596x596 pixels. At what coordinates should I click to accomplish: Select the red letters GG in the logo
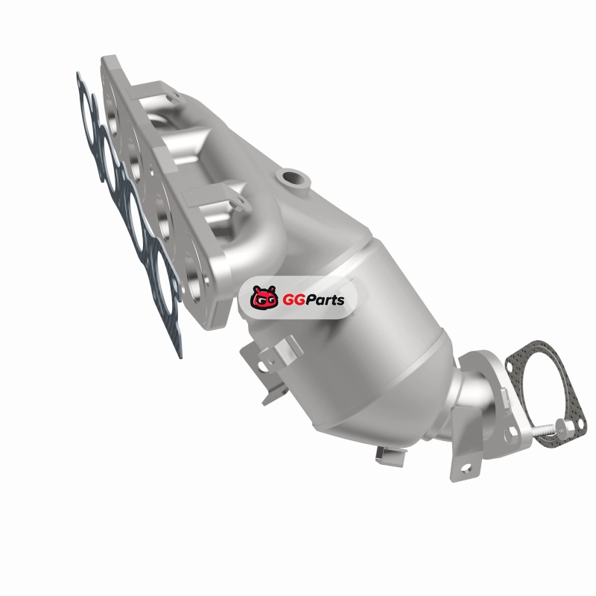click(290, 300)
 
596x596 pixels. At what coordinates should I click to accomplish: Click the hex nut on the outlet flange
click(512, 433)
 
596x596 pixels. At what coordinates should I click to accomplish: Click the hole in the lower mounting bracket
click(466, 467)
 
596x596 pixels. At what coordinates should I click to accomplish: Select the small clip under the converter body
click(390, 455)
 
